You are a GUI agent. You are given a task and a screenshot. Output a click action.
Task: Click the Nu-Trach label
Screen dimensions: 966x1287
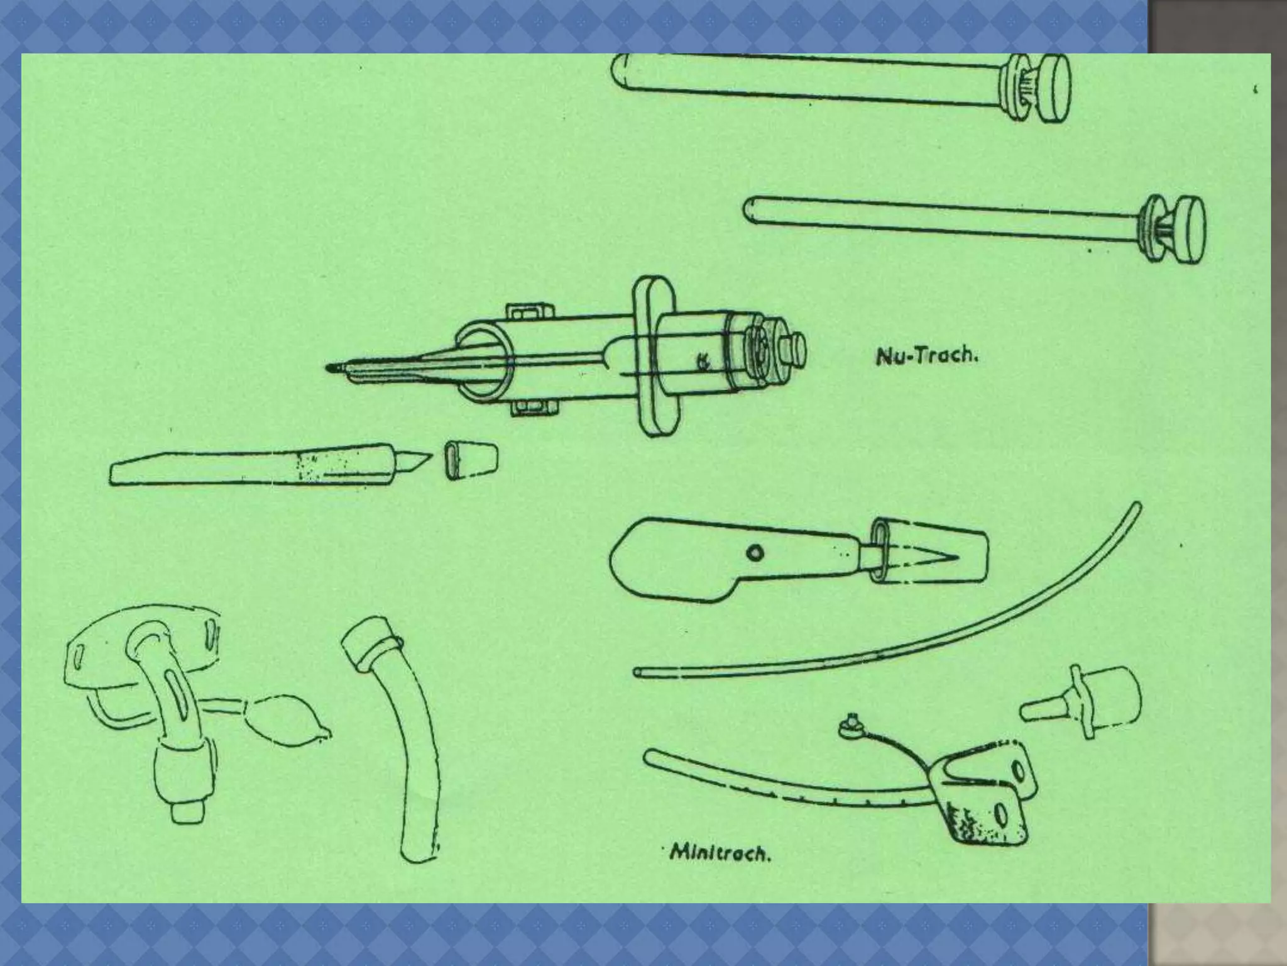(927, 357)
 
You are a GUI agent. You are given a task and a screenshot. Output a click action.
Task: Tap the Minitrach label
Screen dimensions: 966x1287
(720, 854)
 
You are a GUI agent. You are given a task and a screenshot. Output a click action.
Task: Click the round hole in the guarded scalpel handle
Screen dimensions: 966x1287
(754, 553)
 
